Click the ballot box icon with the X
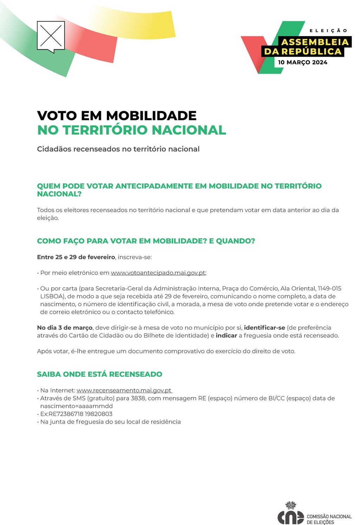click(51, 36)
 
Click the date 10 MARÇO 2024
click(302, 62)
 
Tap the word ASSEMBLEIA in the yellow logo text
click(315, 42)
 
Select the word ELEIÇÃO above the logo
click(328, 31)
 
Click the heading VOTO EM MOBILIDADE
click(117, 115)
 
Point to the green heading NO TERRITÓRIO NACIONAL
click(131, 130)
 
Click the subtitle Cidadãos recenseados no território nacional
click(118, 149)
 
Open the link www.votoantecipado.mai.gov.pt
click(158, 273)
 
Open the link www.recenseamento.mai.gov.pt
click(124, 390)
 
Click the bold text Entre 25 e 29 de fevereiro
click(76, 257)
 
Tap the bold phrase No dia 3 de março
click(65, 328)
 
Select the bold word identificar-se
click(264, 328)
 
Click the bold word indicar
click(226, 335)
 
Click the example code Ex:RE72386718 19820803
click(76, 414)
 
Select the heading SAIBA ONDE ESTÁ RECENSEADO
click(99, 374)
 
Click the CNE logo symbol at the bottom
click(291, 515)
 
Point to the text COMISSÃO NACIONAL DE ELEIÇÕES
click(329, 519)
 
